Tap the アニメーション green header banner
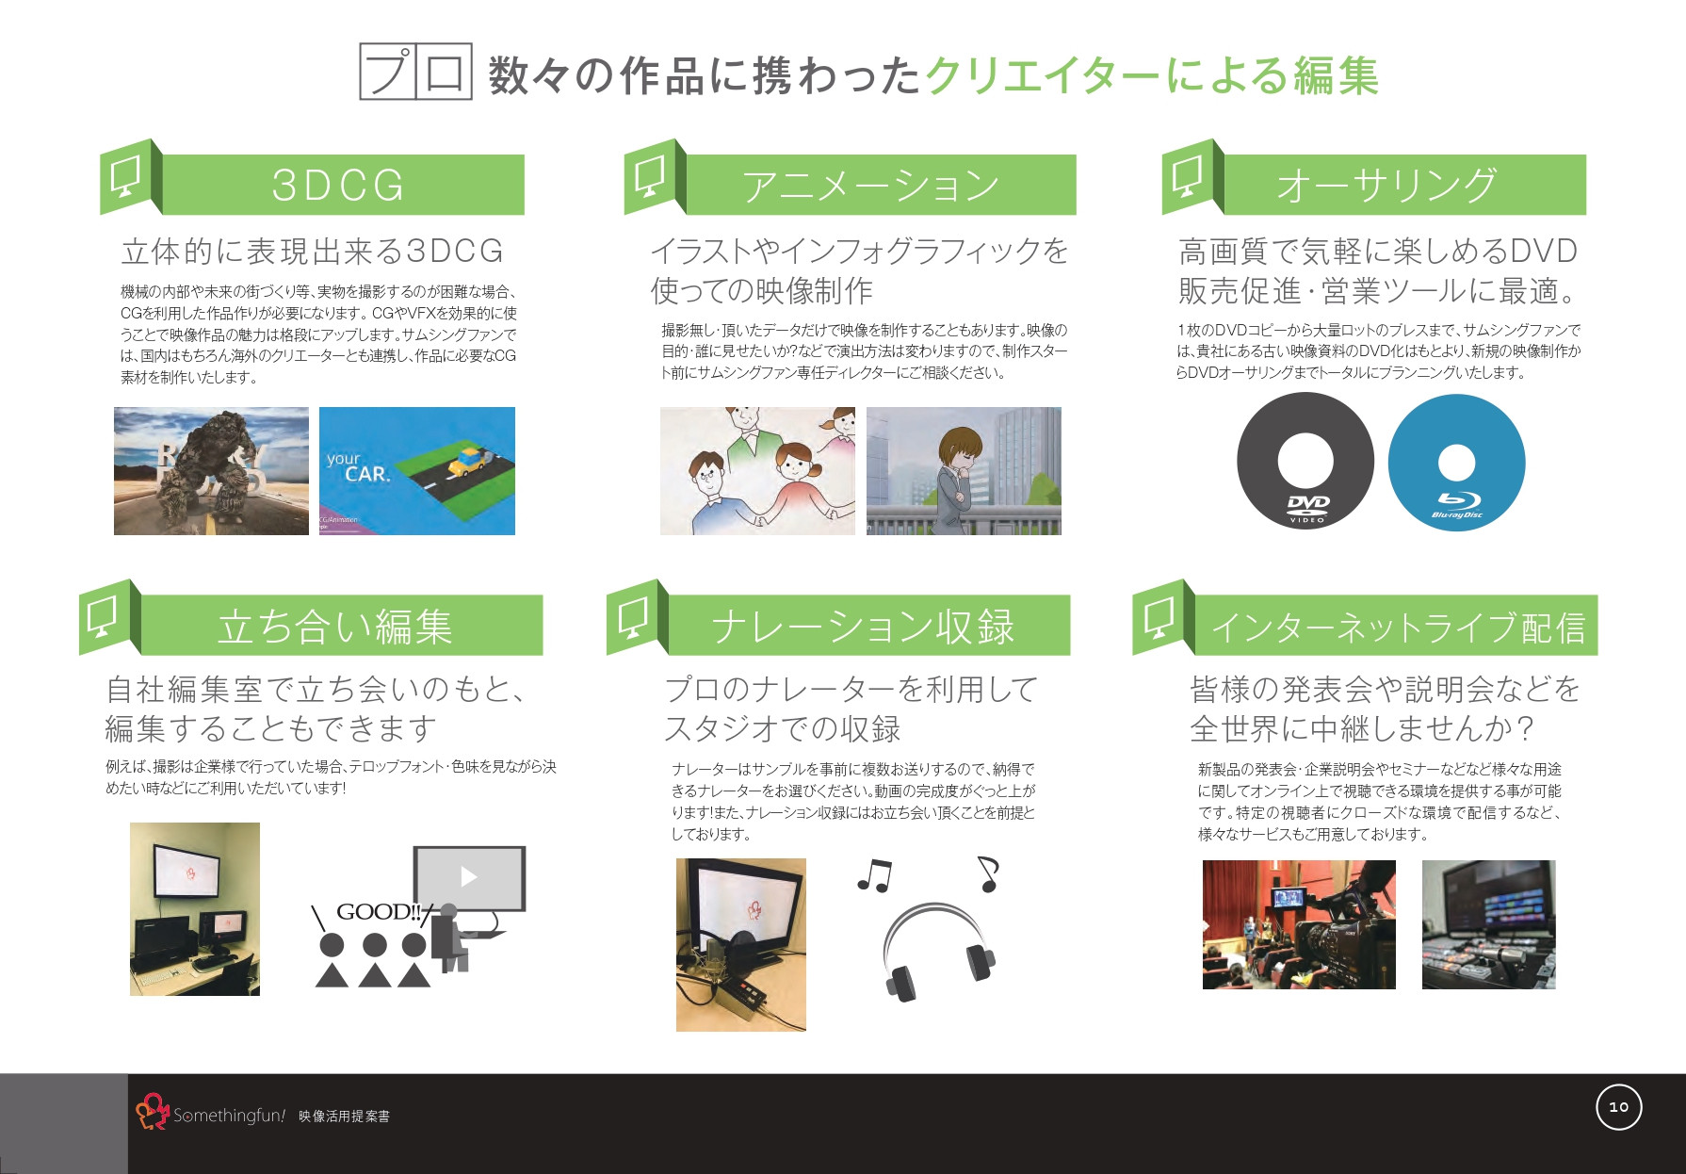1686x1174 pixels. (x=870, y=185)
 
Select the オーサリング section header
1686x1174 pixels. (x=1386, y=185)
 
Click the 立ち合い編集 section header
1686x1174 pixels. (x=335, y=626)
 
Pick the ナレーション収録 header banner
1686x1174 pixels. (x=863, y=626)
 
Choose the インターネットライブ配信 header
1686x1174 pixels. (x=1396, y=626)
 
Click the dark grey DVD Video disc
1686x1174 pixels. (x=1305, y=462)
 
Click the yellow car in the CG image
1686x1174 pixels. (x=467, y=462)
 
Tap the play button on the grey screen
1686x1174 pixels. (x=468, y=877)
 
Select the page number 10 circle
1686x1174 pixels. (x=1618, y=1107)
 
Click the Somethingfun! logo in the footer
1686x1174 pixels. (x=211, y=1114)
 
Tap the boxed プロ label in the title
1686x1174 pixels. (x=415, y=72)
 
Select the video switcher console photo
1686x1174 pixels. (x=1488, y=924)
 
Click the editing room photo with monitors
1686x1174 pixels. (x=195, y=908)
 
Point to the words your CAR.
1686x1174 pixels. (x=358, y=466)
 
